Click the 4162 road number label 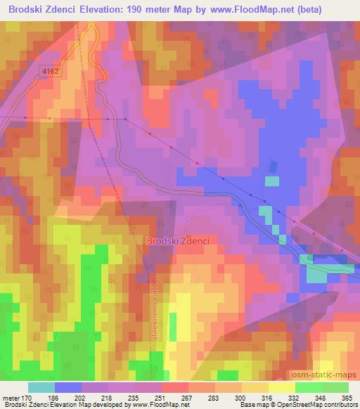(50, 71)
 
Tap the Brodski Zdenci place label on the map (179, 241)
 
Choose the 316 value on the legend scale (266, 398)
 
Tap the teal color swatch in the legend (41, 387)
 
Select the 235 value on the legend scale (134, 398)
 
